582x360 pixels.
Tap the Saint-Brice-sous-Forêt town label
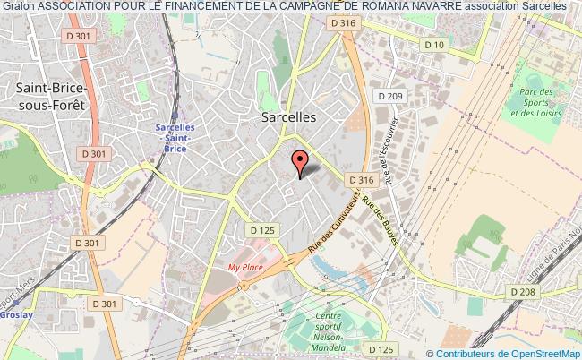coord(52,97)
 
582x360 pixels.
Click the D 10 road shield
coord(435,44)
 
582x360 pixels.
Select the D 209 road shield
coord(391,96)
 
